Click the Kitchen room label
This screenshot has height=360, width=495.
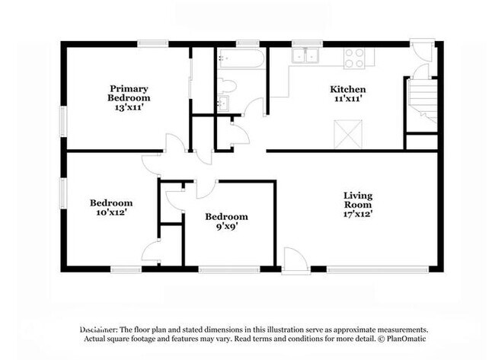pos(348,89)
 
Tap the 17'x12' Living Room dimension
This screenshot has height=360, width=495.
pos(358,214)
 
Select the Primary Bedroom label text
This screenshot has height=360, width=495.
pos(129,93)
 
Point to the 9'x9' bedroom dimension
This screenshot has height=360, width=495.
pos(226,226)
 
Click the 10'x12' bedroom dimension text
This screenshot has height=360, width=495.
pos(111,212)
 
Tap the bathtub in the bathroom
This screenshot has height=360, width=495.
pos(241,59)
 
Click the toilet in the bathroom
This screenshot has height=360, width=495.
pos(227,86)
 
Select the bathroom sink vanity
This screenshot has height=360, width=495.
pos(224,104)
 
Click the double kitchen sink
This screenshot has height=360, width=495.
pos(305,56)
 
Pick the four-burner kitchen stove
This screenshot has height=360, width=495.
pos(354,59)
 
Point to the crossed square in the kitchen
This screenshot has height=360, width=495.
pos(348,134)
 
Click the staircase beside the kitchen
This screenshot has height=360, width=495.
pos(423,101)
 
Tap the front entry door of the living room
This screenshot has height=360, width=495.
pos(295,261)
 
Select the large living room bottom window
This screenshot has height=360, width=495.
pos(378,269)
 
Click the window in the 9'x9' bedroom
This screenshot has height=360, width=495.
pos(229,269)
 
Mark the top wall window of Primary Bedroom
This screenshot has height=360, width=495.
pos(153,44)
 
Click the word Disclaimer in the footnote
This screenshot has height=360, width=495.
pos(98,330)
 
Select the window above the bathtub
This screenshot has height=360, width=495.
pos(247,44)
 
